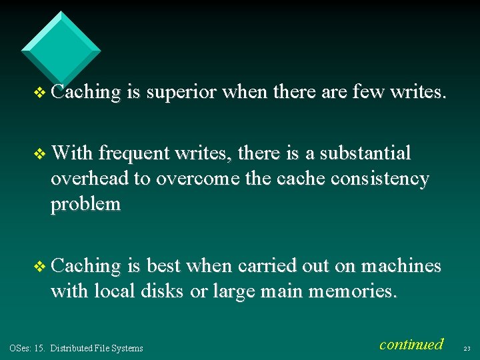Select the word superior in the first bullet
(x=181, y=93)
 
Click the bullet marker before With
(x=41, y=154)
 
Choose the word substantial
(x=365, y=153)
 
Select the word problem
(x=85, y=204)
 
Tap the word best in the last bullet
(x=164, y=266)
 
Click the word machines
(x=401, y=266)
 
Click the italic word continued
(x=411, y=344)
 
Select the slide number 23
(x=466, y=347)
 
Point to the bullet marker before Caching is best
(x=41, y=267)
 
